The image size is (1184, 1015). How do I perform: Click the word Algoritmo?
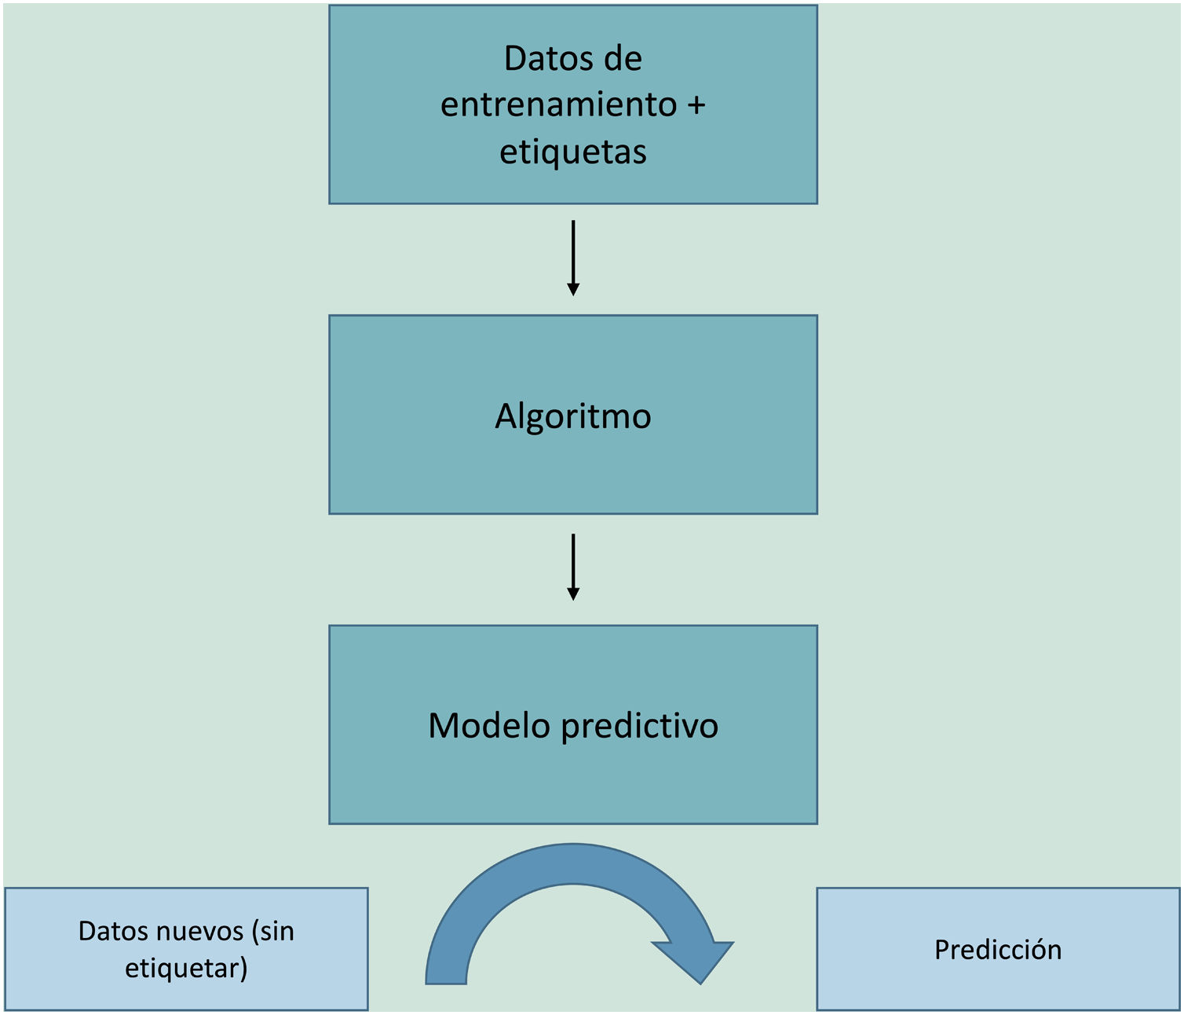[x=573, y=416]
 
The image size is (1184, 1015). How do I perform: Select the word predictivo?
[x=640, y=727]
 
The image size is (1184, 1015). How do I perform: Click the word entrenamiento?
[x=558, y=104]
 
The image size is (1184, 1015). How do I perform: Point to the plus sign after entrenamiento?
[x=696, y=104]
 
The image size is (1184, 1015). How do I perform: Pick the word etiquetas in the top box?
[x=573, y=152]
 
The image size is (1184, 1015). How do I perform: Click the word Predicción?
[x=998, y=950]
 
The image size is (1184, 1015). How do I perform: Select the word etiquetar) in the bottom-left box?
[x=186, y=968]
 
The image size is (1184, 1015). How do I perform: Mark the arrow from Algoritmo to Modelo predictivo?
[x=573, y=566]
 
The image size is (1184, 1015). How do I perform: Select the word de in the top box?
[x=623, y=59]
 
